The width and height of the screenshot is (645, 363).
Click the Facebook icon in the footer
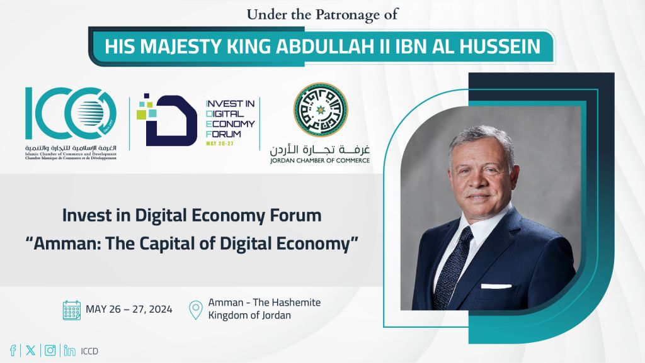point(13,351)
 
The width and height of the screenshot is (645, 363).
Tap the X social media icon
point(30,351)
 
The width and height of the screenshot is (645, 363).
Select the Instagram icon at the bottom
point(50,351)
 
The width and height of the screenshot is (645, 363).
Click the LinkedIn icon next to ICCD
point(69,351)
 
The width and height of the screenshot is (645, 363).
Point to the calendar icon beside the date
point(72,310)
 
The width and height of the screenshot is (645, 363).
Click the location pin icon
point(197,310)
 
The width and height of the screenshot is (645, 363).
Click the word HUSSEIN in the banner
point(505,47)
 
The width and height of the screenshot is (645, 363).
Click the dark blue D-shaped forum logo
point(166,121)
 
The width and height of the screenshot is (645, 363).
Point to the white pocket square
point(496,286)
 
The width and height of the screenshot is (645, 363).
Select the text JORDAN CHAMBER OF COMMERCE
point(320,160)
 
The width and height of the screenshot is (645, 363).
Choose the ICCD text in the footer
point(90,351)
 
